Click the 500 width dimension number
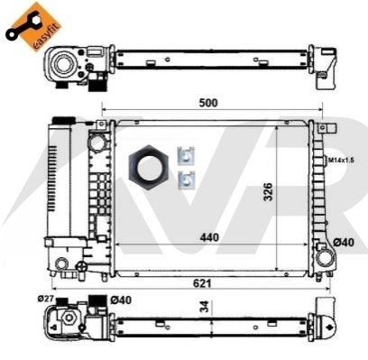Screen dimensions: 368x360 [208, 103]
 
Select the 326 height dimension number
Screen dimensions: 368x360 [268, 191]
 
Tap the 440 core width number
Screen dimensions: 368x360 [209, 237]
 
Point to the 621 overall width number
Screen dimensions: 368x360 [202, 283]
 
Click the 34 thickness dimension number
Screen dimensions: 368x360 [205, 306]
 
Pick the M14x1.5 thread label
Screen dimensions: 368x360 [341, 160]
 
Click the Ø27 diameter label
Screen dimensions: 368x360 [45, 299]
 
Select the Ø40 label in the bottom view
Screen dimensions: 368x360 [121, 300]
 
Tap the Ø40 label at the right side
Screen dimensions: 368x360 [344, 242]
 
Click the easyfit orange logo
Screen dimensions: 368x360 [34, 26]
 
